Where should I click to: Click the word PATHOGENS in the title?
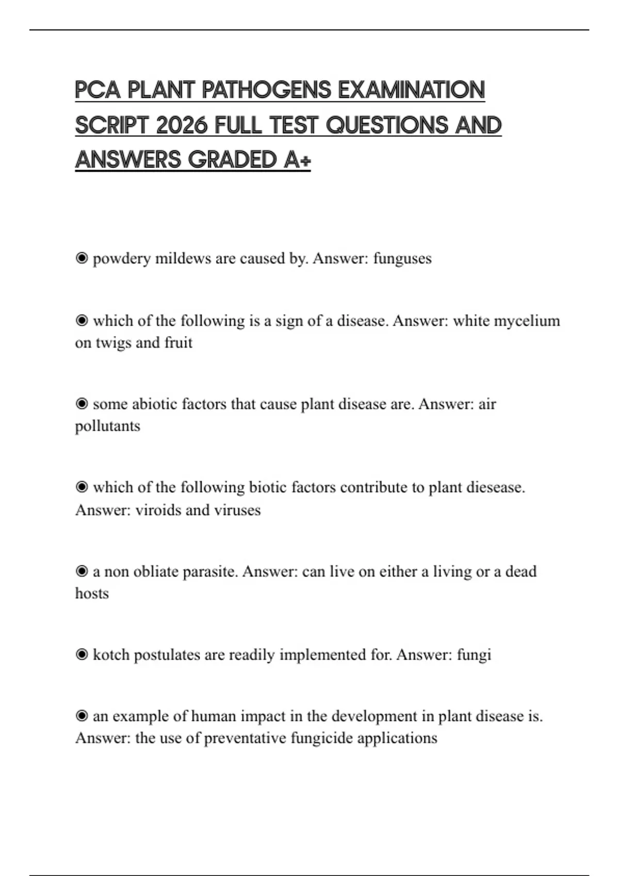pos(266,90)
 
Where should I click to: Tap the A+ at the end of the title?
pos(297,160)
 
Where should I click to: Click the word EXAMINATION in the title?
pos(412,90)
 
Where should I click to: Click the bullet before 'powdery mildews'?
pos(82,258)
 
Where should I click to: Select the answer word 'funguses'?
pos(402,258)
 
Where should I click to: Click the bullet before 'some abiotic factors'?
pos(82,403)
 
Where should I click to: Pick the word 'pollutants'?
pos(107,426)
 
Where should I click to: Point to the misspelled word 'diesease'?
pos(495,487)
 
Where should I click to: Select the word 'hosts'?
pos(92,594)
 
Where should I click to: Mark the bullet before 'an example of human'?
pos(82,716)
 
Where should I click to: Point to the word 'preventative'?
pos(245,738)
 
